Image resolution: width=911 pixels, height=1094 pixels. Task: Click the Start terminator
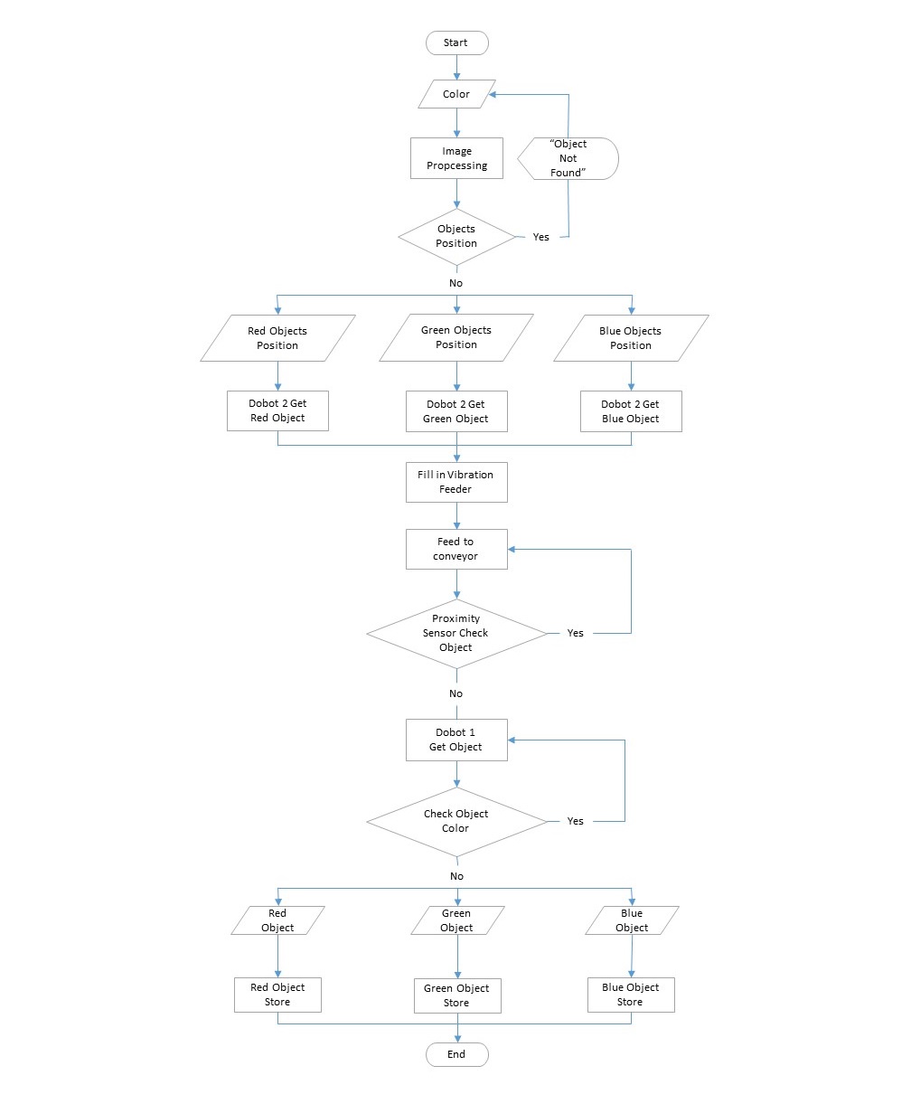pyautogui.click(x=456, y=42)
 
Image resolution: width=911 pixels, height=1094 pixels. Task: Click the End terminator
pyautogui.click(x=456, y=1054)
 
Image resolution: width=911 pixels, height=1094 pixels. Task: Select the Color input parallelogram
pyautogui.click(x=456, y=94)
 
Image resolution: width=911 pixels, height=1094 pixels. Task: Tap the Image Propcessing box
pyautogui.click(x=456, y=158)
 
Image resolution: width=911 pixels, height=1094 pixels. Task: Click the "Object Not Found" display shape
pyautogui.click(x=568, y=158)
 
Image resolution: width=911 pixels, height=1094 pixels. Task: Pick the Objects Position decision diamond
pyautogui.click(x=456, y=237)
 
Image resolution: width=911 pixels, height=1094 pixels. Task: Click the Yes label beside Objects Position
pyautogui.click(x=540, y=237)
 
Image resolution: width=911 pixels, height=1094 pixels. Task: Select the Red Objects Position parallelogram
pyautogui.click(x=277, y=338)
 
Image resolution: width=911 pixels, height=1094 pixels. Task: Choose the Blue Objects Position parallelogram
pyautogui.click(x=631, y=338)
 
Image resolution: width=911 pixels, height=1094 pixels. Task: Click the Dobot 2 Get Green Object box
pyautogui.click(x=456, y=411)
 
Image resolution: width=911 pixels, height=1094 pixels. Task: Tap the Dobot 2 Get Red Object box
pyautogui.click(x=277, y=410)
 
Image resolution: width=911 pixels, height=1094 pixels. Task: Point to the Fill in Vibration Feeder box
pyautogui.click(x=456, y=482)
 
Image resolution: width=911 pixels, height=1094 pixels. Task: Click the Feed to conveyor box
pyautogui.click(x=456, y=549)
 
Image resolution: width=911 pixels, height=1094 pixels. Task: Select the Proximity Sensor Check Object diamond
pyautogui.click(x=456, y=634)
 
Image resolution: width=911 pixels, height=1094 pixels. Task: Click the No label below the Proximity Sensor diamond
pyautogui.click(x=455, y=693)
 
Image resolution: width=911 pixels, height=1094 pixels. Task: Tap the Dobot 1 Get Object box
pyautogui.click(x=456, y=740)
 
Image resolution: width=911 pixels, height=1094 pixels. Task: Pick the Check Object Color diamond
pyautogui.click(x=456, y=821)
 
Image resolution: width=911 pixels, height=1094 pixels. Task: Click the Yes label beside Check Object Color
pyautogui.click(x=575, y=821)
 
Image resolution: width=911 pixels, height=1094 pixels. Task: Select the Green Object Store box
pyautogui.click(x=456, y=995)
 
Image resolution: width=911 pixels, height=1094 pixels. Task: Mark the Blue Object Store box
pyautogui.click(x=631, y=995)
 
